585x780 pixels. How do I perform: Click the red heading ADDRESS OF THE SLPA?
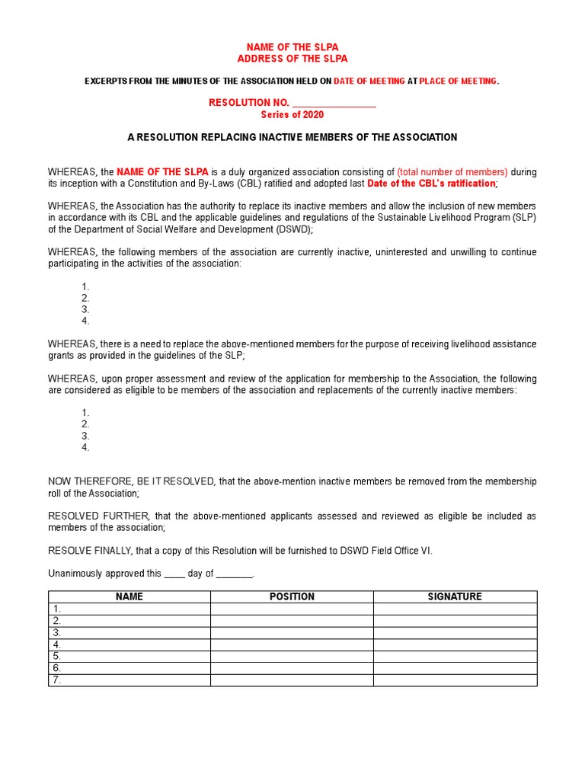coord(292,59)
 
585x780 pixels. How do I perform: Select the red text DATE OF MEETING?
coord(369,82)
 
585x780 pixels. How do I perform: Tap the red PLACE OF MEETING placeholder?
coord(459,82)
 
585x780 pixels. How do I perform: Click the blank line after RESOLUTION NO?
coord(334,103)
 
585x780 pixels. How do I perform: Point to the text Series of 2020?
coord(292,115)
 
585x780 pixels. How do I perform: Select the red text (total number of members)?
coord(452,172)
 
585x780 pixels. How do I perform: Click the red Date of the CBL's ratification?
coord(431,184)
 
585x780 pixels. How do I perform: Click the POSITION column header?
coord(292,596)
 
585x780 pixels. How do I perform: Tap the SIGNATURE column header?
coord(455,596)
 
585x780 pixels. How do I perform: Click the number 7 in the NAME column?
coord(56,680)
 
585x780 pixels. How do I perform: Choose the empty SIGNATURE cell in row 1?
coord(455,609)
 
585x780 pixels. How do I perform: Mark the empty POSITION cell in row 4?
coord(292,644)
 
